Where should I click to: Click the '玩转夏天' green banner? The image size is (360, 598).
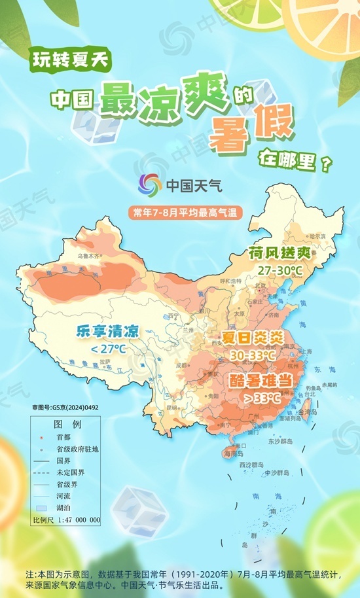tap(71, 62)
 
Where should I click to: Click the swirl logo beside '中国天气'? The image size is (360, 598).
tap(151, 185)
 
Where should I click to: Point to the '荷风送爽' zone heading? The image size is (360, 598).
tap(274, 253)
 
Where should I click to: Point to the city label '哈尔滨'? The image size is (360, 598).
tap(316, 236)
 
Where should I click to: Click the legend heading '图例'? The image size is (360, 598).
tap(66, 424)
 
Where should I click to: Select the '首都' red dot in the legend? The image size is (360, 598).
tap(41, 436)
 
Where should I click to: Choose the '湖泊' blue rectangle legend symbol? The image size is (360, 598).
tap(41, 508)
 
